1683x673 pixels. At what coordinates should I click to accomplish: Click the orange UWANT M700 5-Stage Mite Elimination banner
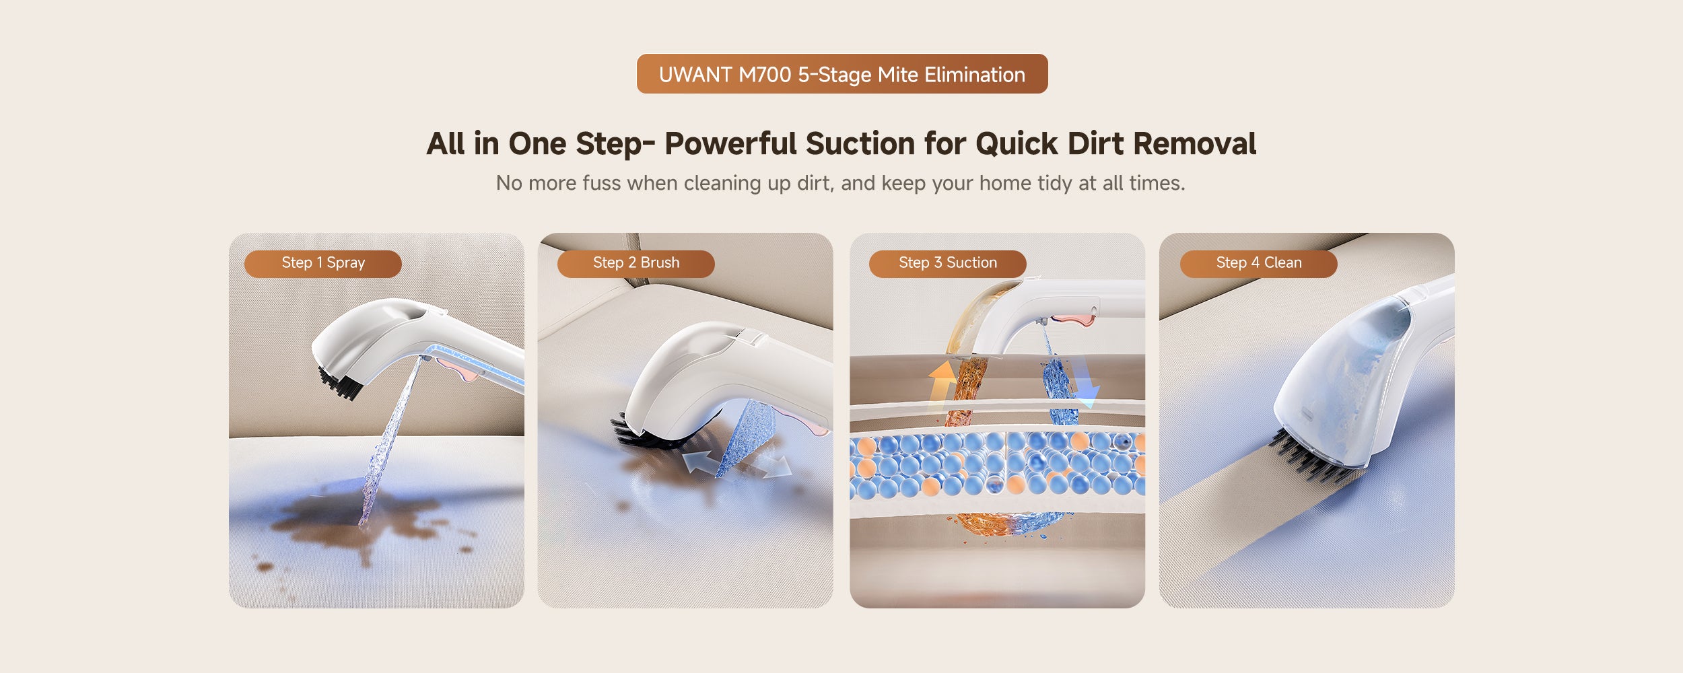(842, 74)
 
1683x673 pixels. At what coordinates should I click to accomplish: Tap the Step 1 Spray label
(323, 263)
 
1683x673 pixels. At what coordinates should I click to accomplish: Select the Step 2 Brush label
(636, 263)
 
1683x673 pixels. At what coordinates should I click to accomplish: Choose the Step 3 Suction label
(948, 263)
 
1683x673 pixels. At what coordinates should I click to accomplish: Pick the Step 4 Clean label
(1259, 263)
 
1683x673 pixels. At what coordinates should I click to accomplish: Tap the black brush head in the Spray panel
(341, 384)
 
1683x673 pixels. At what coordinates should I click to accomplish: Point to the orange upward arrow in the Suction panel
(942, 384)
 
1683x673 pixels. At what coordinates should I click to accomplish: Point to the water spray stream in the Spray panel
(390, 441)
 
